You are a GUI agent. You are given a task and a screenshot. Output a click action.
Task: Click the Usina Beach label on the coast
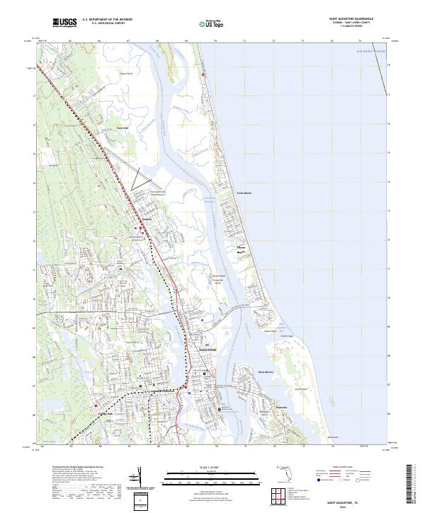point(244,192)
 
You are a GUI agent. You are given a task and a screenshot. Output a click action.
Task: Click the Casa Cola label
point(121,128)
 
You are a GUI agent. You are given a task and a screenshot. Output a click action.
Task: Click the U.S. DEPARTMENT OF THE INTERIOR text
point(107,19)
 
